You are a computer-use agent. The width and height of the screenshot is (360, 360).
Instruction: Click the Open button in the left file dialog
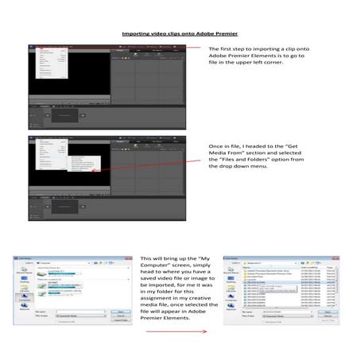coord(122,312)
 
